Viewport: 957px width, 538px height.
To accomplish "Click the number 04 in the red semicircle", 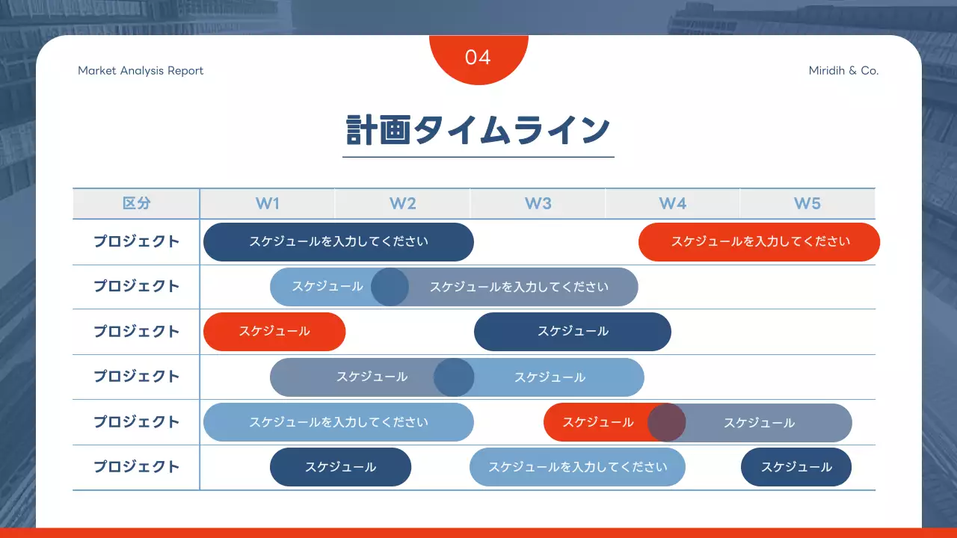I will click(478, 58).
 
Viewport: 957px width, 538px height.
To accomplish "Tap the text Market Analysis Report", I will click(141, 71).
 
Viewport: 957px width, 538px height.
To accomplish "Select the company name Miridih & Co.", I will click(843, 71).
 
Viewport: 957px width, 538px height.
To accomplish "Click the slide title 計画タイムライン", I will click(478, 130).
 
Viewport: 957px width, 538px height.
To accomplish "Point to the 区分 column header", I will click(136, 203).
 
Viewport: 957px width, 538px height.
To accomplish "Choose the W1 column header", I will click(267, 203).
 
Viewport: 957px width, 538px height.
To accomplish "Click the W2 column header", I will click(402, 203).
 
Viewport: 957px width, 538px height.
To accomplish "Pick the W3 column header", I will click(538, 203).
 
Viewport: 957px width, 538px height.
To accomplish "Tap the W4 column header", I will click(672, 203).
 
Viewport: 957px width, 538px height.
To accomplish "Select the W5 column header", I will click(807, 203).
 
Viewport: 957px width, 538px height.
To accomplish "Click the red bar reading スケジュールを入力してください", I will click(760, 242).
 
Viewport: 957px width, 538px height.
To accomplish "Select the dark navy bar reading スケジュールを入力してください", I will click(338, 242).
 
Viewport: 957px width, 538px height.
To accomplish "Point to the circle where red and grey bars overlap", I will click(666, 423).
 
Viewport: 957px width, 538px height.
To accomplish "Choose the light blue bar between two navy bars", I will click(577, 467).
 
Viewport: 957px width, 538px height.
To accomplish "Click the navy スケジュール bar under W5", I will click(796, 467).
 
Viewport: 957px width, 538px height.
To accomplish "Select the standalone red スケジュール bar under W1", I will click(274, 332).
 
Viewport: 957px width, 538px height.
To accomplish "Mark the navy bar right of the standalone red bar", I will click(573, 332).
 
